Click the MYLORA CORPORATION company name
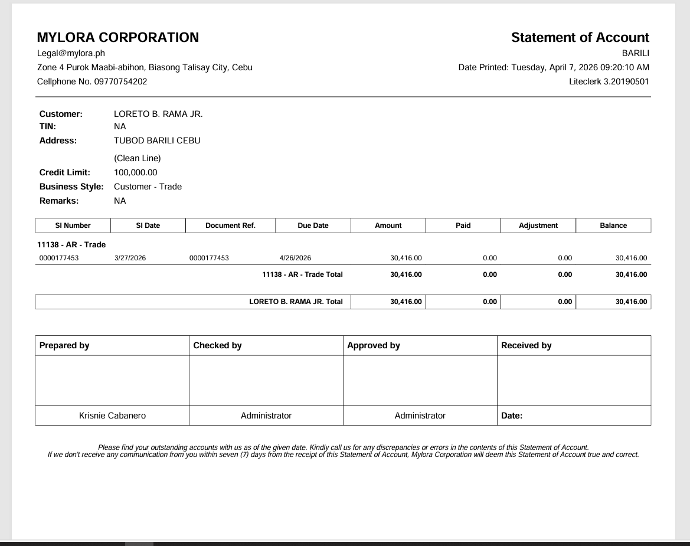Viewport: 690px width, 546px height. pos(118,38)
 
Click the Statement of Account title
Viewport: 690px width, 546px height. pos(580,38)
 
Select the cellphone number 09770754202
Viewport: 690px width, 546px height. pos(120,81)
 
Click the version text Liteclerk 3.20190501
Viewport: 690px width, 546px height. pos(609,81)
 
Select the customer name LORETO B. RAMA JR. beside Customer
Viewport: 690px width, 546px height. pos(158,114)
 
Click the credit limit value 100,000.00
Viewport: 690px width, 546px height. pos(136,172)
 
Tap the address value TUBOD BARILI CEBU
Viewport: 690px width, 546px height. pos(157,140)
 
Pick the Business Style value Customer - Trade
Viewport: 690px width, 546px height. pos(148,187)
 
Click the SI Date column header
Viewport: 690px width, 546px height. pos(148,225)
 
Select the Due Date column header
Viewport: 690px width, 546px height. pos(313,225)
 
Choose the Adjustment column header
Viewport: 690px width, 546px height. pos(538,225)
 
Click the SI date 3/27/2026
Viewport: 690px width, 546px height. pos(130,258)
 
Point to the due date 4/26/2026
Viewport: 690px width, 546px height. pos(295,258)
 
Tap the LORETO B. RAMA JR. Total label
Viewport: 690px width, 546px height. pos(296,302)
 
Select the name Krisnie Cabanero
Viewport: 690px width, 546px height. pos(112,416)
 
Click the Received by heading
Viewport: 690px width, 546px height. pos(526,345)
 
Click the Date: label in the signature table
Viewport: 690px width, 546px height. pos(512,416)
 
